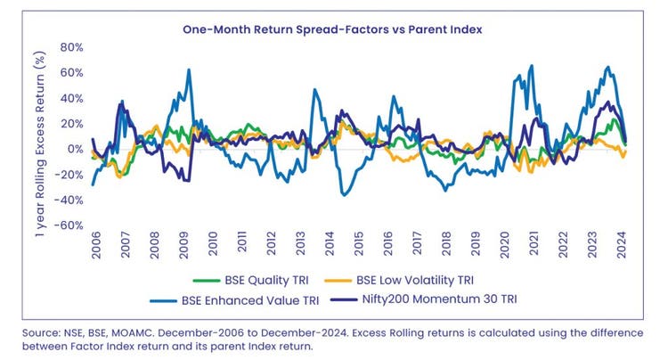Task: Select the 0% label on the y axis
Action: click(x=75, y=149)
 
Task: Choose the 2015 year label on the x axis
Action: click(x=358, y=244)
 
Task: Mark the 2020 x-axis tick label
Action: click(x=504, y=244)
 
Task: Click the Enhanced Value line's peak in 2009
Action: click(x=189, y=70)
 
